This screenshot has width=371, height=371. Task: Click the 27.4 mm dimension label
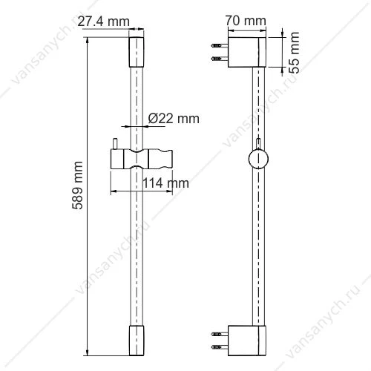103,22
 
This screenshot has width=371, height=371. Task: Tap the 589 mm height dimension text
77,185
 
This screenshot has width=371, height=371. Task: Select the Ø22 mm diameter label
174,119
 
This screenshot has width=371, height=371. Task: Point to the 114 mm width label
165,183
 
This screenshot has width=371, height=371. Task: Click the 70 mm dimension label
246,21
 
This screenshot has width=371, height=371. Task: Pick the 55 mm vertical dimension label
294,53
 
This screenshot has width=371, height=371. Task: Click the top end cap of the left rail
137,52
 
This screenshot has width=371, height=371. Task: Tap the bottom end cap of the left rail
137,341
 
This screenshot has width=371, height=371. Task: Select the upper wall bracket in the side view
247,52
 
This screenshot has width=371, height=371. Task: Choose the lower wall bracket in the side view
247,341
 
